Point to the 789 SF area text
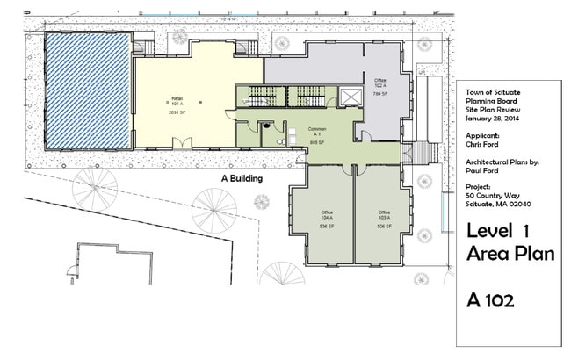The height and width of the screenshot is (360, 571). coord(380,93)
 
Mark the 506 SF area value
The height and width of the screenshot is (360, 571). coord(384,226)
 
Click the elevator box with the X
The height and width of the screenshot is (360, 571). coord(351,95)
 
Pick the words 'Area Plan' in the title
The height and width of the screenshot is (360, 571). coord(510,254)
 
